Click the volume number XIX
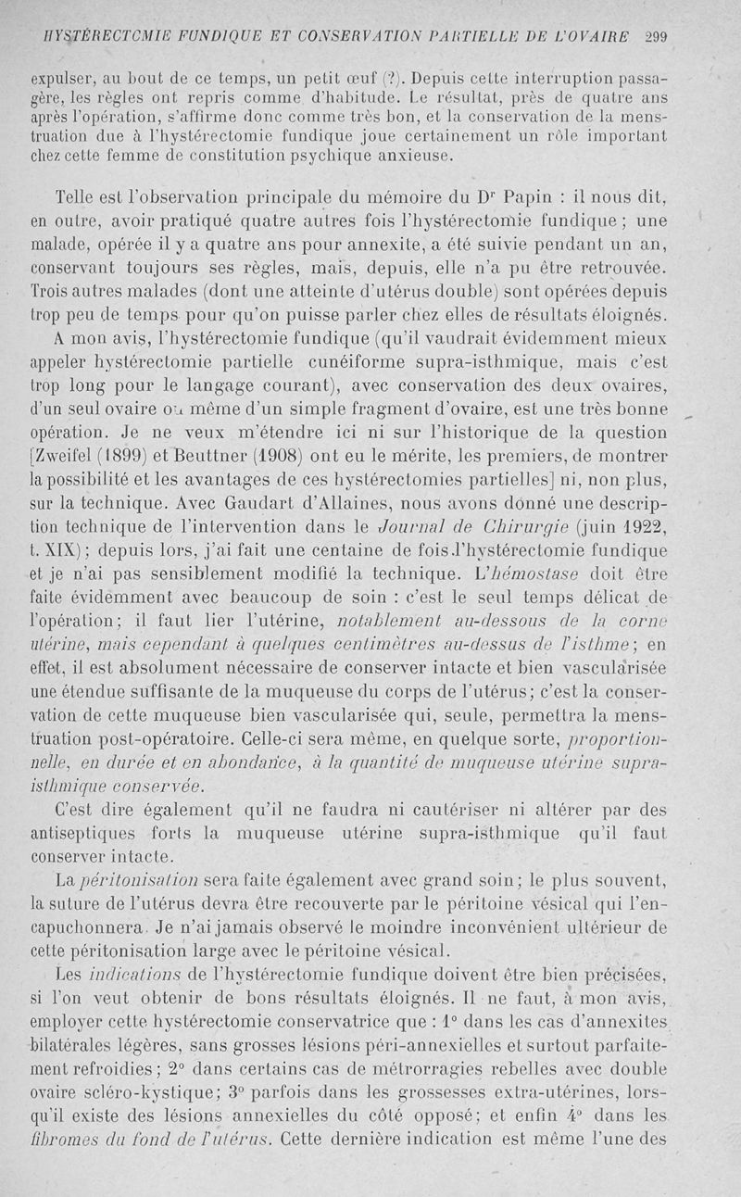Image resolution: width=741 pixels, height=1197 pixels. coord(65,554)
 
